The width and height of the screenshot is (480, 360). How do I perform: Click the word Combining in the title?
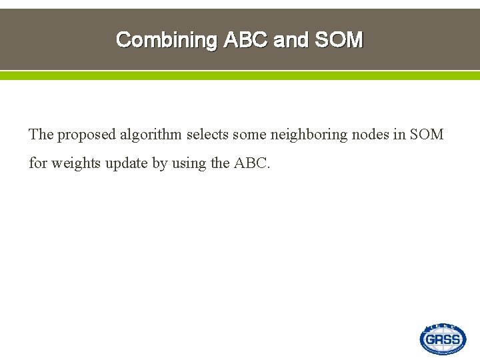(167, 40)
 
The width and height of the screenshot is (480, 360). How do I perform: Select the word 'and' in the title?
(291, 40)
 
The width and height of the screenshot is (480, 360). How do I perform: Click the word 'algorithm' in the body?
(151, 135)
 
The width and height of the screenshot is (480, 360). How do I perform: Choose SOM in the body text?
(426, 135)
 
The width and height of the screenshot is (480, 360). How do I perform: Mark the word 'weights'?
(74, 163)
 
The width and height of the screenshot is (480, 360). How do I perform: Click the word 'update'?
(125, 163)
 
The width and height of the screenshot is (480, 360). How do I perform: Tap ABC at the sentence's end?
(252, 163)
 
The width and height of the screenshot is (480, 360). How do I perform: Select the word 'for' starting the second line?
(38, 163)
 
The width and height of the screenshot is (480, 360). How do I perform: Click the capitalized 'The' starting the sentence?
(41, 135)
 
